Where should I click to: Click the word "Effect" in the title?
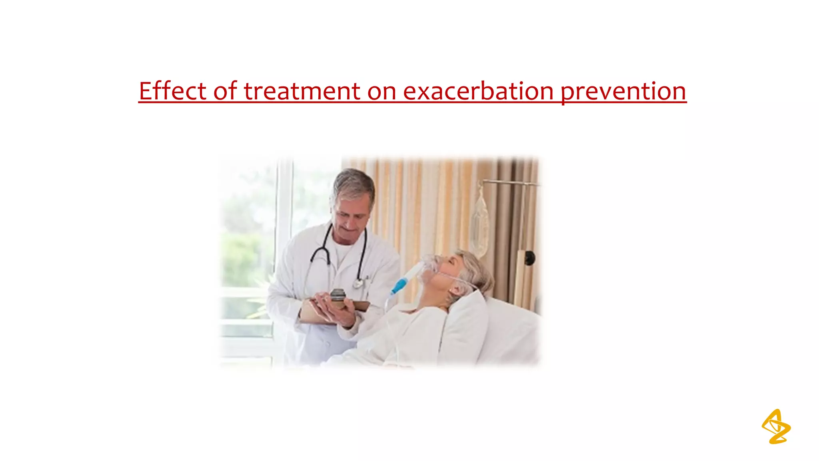pos(172,91)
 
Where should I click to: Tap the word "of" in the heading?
pos(226,91)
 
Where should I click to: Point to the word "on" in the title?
pos(382,92)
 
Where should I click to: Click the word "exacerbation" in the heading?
pos(478,91)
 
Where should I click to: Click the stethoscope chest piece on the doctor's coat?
pos(358,283)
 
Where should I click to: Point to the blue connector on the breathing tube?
pos(398,286)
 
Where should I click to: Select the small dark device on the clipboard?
pos(338,296)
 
